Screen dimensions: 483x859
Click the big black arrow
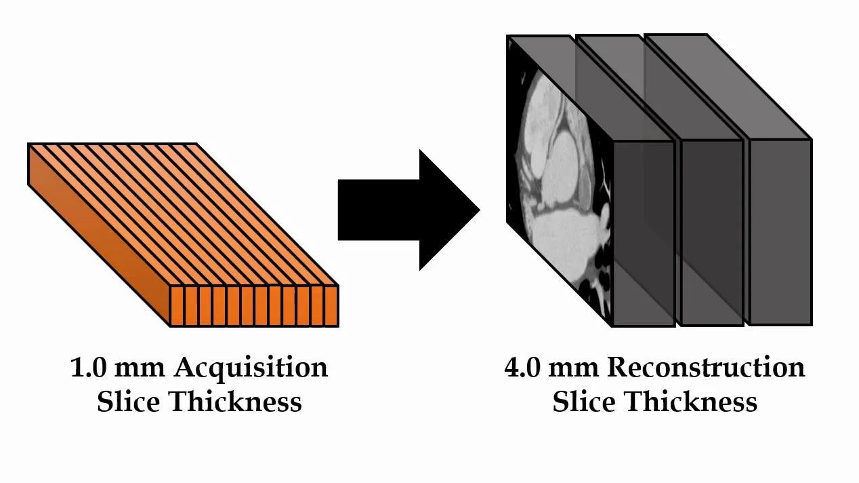pyautogui.click(x=400, y=210)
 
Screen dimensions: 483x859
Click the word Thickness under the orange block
pyautogui.click(x=236, y=402)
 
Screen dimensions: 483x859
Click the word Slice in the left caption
pyautogui.click(x=129, y=402)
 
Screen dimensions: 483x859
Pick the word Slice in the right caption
pyautogui.click(x=584, y=402)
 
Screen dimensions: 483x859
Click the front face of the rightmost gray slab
pyautogui.click(x=779, y=231)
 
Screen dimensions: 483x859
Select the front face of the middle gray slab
pyautogui.click(x=711, y=231)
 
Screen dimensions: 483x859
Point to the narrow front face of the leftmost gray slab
pyautogui.click(x=644, y=231)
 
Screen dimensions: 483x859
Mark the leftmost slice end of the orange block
pyautogui.click(x=177, y=306)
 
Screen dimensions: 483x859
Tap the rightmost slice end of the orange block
pyautogui.click(x=331, y=306)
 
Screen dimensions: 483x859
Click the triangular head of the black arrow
pyautogui.click(x=447, y=210)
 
